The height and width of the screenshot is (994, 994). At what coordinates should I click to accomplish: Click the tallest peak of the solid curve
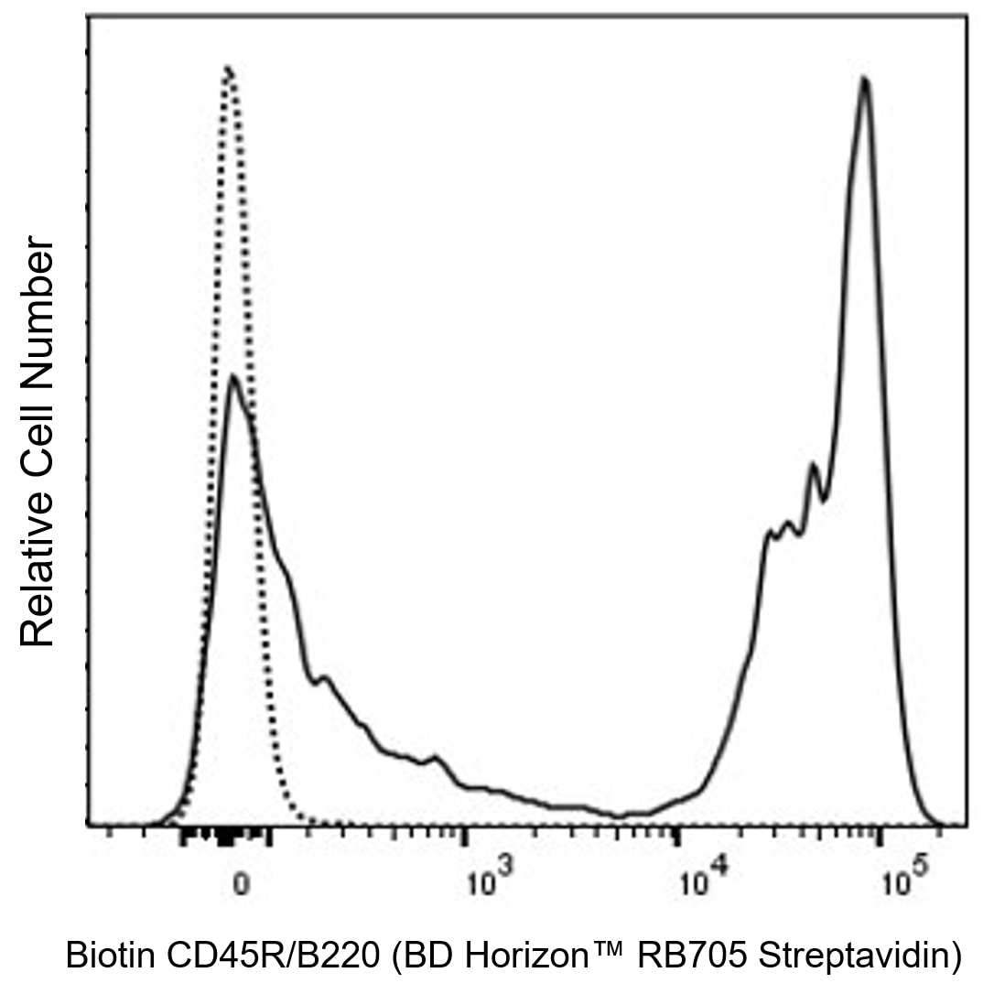[x=863, y=80]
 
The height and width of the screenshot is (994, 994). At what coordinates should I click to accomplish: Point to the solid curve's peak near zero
[x=233, y=376]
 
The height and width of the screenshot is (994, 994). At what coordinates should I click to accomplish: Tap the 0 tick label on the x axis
[x=240, y=885]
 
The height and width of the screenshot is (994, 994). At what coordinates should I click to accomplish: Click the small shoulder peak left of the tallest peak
[x=813, y=466]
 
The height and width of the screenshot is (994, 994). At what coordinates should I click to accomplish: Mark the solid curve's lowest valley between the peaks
[x=621, y=816]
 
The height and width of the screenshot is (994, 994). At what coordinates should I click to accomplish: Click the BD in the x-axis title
[x=425, y=956]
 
